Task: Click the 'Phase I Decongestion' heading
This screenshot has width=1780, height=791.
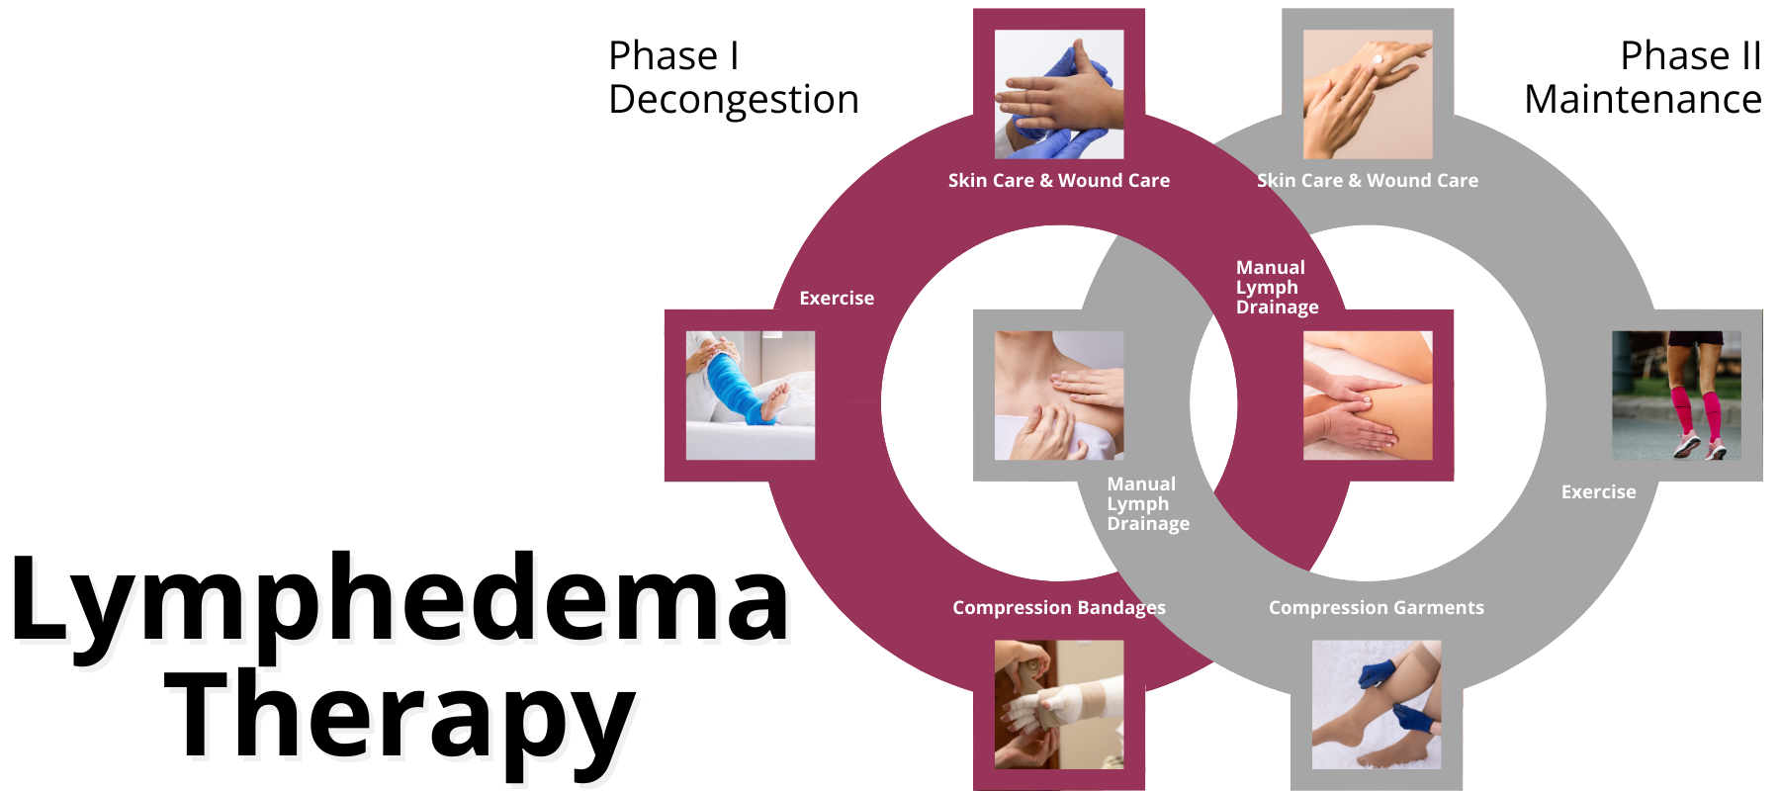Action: tap(733, 77)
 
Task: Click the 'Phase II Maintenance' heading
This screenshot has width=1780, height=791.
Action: tap(1643, 77)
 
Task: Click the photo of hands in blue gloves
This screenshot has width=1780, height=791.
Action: tap(1059, 94)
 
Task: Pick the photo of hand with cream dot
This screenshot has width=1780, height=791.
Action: tap(1368, 94)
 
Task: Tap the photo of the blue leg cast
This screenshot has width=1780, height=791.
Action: tap(751, 395)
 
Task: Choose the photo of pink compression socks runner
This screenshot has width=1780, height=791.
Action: tap(1676, 395)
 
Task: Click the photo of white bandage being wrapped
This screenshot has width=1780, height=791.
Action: tap(1059, 704)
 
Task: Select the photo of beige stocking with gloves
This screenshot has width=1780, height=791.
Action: tap(1377, 704)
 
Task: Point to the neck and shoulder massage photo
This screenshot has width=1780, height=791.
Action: tap(1059, 395)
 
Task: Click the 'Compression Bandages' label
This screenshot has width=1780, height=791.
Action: tap(1059, 607)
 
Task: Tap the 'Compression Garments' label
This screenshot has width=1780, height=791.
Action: tap(1377, 607)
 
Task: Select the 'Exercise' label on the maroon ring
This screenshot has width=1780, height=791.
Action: tap(837, 298)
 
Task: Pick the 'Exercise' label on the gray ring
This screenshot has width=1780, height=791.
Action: tap(1598, 491)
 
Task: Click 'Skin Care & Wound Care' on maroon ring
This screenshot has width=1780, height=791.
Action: tap(1059, 180)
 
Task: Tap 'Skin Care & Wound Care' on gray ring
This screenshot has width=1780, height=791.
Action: tap(1368, 180)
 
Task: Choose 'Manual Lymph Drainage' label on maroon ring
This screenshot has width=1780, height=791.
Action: tap(1276, 287)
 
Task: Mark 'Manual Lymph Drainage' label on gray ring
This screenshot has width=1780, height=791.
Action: tap(1147, 503)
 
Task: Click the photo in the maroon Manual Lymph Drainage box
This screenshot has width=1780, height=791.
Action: tap(1368, 395)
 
